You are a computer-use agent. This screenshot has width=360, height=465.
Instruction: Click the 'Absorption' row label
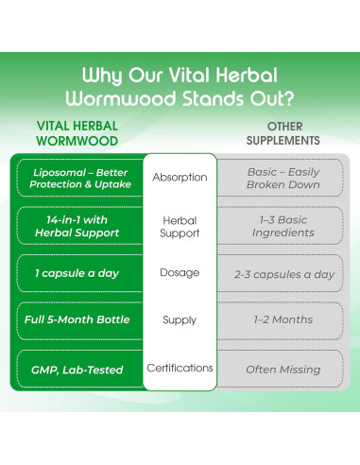[x=180, y=178]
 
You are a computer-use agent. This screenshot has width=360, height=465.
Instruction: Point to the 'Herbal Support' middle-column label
[x=180, y=226]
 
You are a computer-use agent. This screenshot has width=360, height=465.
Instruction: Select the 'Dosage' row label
[x=180, y=273]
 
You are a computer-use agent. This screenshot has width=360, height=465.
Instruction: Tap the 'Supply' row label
[x=180, y=320]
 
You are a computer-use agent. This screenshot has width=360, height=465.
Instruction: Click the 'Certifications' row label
[x=180, y=368]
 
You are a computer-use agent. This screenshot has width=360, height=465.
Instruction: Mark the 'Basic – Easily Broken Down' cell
[x=283, y=178]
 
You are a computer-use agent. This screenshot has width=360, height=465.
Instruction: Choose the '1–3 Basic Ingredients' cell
[x=283, y=226]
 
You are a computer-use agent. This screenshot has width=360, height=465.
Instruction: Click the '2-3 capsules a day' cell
[x=283, y=274]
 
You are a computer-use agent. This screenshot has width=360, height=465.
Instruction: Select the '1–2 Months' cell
[x=283, y=320]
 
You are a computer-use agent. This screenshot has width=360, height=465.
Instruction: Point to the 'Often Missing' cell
[x=283, y=369]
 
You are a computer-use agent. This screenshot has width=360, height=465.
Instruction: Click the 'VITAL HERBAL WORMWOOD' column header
[x=77, y=131]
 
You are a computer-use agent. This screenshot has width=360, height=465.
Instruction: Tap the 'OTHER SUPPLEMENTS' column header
[x=283, y=131]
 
